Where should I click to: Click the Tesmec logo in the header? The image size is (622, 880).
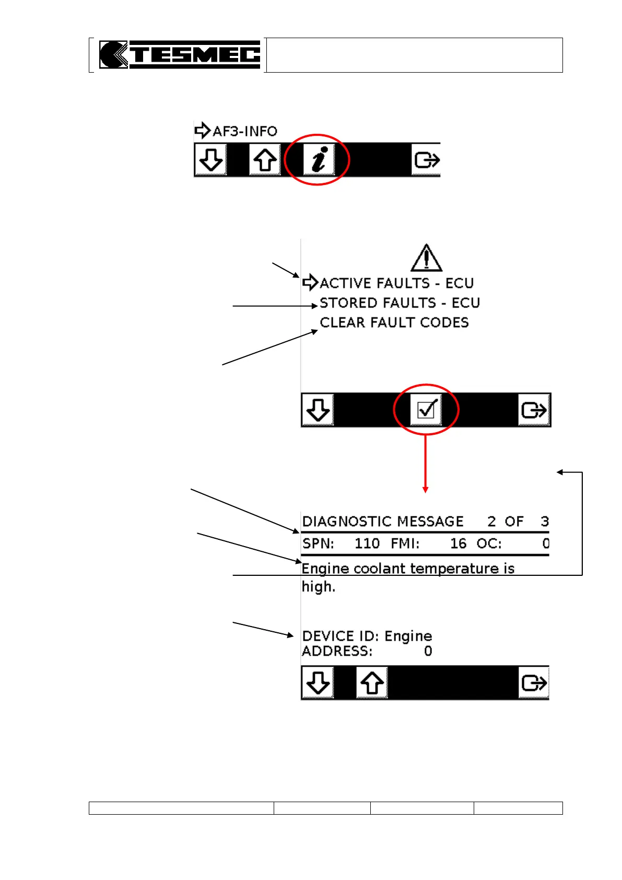click(x=180, y=55)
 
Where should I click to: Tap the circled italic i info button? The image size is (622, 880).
click(x=318, y=159)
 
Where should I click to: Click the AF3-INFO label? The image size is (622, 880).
click(x=244, y=131)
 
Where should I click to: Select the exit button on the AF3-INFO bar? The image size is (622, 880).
click(x=426, y=160)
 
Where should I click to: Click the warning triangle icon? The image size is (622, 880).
click(x=426, y=258)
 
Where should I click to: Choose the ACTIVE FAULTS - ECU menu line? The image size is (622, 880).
click(x=396, y=283)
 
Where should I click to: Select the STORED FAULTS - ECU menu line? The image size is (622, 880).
click(x=400, y=303)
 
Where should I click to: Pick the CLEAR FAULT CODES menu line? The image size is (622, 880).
click(x=394, y=322)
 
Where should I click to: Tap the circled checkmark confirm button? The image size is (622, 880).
click(x=426, y=410)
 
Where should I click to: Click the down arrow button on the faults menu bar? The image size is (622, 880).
click(x=318, y=410)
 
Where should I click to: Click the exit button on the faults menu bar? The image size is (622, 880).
click(x=534, y=410)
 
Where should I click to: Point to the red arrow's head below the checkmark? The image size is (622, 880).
click(x=426, y=490)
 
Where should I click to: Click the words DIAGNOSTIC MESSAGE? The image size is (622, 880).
click(x=383, y=522)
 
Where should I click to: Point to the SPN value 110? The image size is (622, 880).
click(x=367, y=544)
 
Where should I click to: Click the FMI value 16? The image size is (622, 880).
click(x=458, y=544)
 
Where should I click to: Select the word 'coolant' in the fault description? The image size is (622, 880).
click(x=378, y=569)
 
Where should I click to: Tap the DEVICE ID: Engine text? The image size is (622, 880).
click(x=367, y=636)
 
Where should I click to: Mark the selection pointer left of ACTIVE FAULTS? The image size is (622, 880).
click(x=310, y=283)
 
